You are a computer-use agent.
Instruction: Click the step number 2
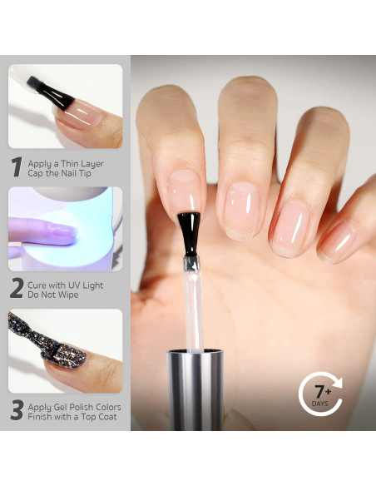[x=17, y=288]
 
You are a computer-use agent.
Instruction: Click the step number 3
[x=17, y=411]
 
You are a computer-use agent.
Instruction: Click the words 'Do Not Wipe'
[x=55, y=295]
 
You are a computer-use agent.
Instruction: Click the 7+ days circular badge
[x=319, y=394]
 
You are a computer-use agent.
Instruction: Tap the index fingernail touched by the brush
[x=185, y=193]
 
